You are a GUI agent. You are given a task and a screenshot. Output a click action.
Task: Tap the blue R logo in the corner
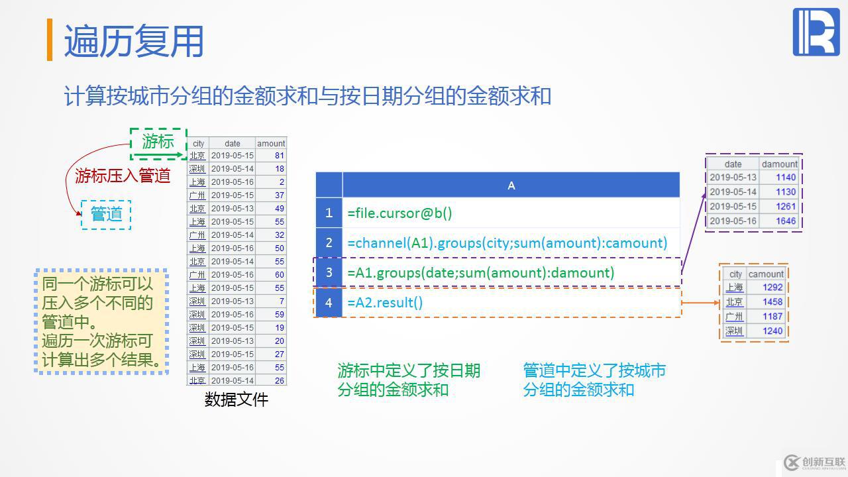pyautogui.click(x=816, y=32)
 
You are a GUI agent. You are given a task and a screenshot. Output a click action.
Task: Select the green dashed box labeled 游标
pyautogui.click(x=158, y=141)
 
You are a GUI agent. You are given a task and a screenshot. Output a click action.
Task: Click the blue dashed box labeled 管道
pyautogui.click(x=106, y=214)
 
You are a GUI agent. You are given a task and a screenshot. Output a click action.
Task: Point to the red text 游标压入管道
pyautogui.click(x=123, y=176)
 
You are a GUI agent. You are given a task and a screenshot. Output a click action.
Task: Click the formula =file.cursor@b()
pyautogui.click(x=399, y=213)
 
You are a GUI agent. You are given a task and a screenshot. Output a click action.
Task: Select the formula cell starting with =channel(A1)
pyautogui.click(x=507, y=242)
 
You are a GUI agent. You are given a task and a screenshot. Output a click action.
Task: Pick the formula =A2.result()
pyautogui.click(x=385, y=302)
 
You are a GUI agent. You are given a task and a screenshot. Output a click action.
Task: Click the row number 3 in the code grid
pyautogui.click(x=329, y=272)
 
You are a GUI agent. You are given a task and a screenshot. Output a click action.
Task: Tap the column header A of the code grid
pyautogui.click(x=511, y=185)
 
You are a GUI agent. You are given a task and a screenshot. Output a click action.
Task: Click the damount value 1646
pyautogui.click(x=786, y=221)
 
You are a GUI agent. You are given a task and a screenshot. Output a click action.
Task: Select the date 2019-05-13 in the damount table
pyautogui.click(x=733, y=177)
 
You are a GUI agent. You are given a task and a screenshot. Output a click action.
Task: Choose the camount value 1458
pyautogui.click(x=772, y=301)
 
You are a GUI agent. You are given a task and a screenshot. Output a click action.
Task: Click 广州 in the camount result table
pyautogui.click(x=734, y=316)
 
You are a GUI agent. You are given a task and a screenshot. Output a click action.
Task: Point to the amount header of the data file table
pyautogui.click(x=271, y=143)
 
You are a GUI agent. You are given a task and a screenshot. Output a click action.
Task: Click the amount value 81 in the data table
pyautogui.click(x=280, y=156)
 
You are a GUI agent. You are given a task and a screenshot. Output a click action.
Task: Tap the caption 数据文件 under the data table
pyautogui.click(x=237, y=400)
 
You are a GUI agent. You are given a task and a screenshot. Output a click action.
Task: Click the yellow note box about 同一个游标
pyautogui.click(x=101, y=322)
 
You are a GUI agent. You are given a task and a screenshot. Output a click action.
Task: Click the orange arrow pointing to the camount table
pyautogui.click(x=700, y=303)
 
